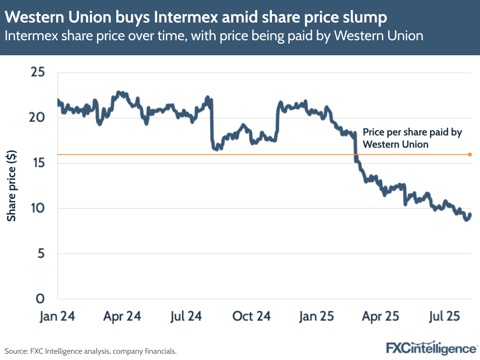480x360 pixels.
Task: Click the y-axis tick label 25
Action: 37,73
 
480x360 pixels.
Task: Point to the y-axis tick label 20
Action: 37,118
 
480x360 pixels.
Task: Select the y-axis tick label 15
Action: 38,163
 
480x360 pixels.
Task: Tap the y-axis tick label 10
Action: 38,208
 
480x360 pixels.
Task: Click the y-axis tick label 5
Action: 41,253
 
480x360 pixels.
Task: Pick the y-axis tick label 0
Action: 41,298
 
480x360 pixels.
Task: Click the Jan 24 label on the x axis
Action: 57,317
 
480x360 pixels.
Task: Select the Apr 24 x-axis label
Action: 123,317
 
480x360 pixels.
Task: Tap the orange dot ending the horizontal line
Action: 469,155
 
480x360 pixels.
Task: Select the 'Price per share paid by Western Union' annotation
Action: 412,138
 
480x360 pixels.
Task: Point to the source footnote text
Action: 91,351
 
